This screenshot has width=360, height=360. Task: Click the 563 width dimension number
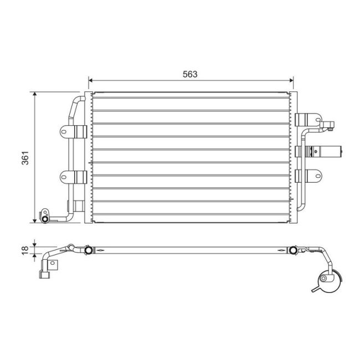pos(190,74)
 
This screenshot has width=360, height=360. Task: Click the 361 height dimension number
pos(25,158)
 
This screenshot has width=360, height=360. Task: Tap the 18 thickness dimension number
pos(25,250)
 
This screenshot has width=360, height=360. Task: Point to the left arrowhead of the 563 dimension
pos(90,80)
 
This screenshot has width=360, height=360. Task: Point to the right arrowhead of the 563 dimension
pos(291,80)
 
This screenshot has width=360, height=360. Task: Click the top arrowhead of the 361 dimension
pos(35,94)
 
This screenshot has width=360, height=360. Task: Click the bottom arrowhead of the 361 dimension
pos(35,221)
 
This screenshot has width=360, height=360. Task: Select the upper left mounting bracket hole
pos(64,132)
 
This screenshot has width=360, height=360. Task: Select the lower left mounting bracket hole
pos(64,177)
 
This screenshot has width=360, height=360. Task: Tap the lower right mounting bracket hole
pos(317,176)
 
